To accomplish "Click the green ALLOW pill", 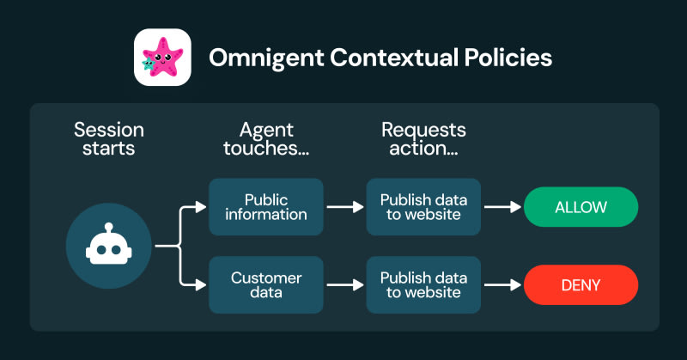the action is [581, 207].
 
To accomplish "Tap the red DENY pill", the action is [581, 285].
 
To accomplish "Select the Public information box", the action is [266, 207].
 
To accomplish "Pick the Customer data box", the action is [266, 285].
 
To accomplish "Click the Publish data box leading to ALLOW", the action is [423, 207].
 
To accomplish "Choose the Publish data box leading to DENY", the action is [423, 285].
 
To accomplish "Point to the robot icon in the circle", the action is [109, 244].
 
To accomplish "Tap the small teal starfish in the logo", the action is [149, 64].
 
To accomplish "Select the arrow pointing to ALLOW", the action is [502, 207].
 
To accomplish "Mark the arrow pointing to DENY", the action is [502, 285].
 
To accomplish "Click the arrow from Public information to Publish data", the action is [345, 207].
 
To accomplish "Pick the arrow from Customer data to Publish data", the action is [345, 285].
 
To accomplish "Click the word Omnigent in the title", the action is [266, 58].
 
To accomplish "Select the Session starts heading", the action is [109, 139].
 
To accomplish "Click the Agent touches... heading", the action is [266, 139].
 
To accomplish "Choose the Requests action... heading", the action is [423, 139].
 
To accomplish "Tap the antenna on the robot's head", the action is [109, 228].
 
